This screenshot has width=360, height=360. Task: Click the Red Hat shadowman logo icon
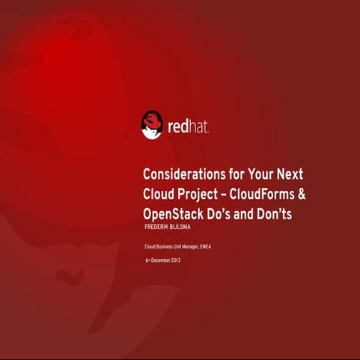(152, 125)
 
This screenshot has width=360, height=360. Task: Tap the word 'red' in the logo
(180, 126)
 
